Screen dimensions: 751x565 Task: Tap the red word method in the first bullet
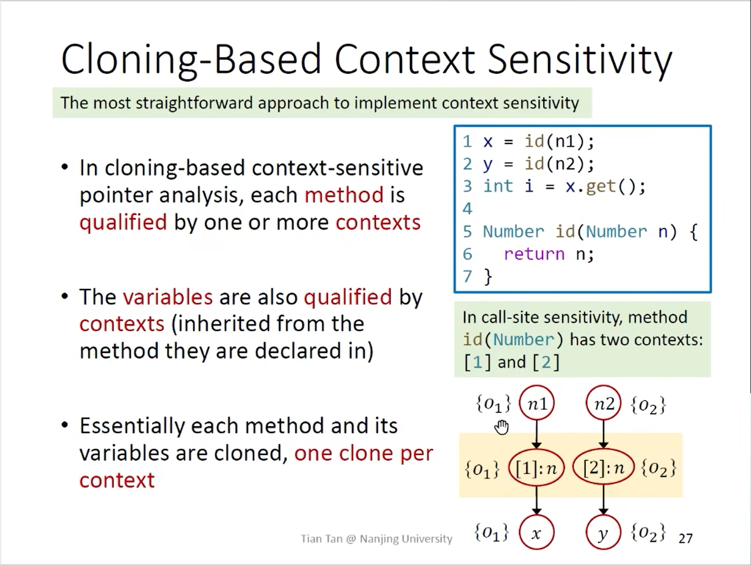(x=344, y=195)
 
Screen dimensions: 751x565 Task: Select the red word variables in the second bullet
(x=167, y=297)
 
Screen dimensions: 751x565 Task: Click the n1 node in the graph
(x=536, y=403)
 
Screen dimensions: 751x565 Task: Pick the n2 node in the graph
(x=603, y=403)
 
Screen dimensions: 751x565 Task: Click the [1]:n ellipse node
(x=536, y=468)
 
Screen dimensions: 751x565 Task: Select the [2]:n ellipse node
(x=603, y=468)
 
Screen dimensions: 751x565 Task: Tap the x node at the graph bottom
(x=536, y=532)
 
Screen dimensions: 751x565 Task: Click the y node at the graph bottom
(x=603, y=532)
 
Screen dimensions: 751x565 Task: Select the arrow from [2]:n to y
(x=603, y=500)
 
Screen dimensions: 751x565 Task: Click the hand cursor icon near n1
(x=502, y=427)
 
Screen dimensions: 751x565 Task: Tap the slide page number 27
(x=685, y=539)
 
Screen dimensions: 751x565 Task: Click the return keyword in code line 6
(x=534, y=254)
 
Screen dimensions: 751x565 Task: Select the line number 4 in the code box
(x=467, y=209)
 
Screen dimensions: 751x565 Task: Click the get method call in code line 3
(x=601, y=186)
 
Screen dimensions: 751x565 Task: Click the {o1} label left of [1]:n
(x=483, y=469)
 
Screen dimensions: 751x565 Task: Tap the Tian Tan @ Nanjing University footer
(x=376, y=539)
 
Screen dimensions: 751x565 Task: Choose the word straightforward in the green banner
(x=194, y=103)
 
